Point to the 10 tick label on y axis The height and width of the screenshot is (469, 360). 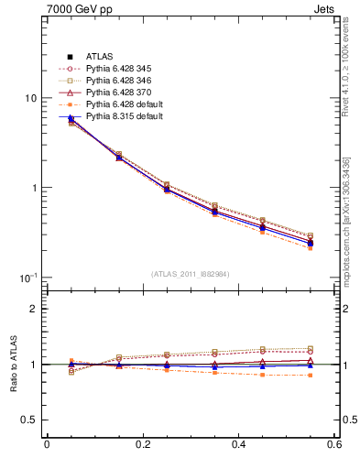click(30, 99)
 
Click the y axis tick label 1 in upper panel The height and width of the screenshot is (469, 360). click(34, 188)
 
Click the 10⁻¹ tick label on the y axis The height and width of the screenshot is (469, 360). click(28, 277)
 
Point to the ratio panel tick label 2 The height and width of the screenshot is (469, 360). click(34, 309)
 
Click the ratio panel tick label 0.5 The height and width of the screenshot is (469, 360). click(29, 420)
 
